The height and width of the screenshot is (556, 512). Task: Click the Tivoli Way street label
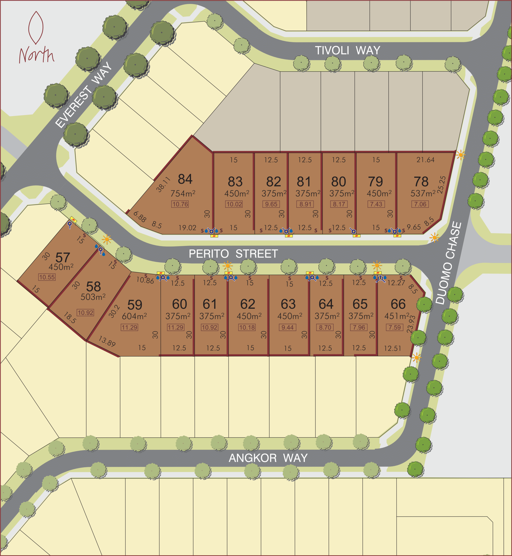347,51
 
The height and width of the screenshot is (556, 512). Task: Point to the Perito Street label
233,254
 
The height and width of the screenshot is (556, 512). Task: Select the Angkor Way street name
268,458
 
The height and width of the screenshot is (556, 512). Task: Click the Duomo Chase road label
449,263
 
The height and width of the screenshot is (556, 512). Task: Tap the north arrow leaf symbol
36,28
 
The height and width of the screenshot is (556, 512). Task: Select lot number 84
185,179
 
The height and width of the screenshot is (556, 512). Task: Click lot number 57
63,258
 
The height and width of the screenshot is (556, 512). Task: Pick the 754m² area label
183,193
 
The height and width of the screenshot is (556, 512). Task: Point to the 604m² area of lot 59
134,316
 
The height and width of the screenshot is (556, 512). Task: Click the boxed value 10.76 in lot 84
180,204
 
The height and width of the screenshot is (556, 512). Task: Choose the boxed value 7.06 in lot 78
420,204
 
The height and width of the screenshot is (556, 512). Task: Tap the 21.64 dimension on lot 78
425,160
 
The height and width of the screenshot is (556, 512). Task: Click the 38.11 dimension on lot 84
163,185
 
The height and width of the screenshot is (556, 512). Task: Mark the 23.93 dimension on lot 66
411,324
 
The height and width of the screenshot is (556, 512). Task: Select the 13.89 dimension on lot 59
107,341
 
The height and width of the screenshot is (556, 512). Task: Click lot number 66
398,304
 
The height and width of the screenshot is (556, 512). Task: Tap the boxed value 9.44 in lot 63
287,328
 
